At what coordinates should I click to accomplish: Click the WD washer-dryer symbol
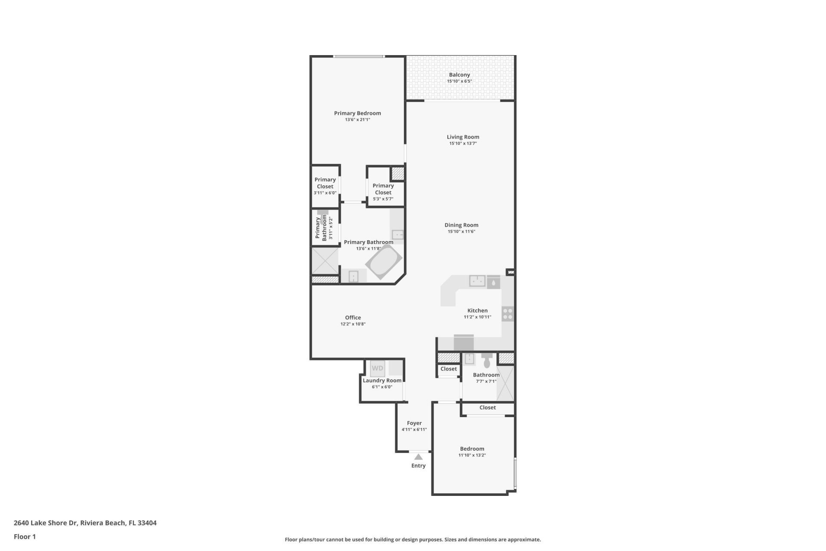tap(377, 368)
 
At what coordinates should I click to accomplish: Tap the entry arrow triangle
tap(418, 457)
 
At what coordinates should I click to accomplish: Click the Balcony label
tap(459, 74)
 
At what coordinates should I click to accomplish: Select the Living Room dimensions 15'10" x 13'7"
tap(463, 143)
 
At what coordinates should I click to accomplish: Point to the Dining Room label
tap(461, 225)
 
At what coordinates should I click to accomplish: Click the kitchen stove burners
tap(508, 314)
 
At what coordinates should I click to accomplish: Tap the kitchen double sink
tap(477, 281)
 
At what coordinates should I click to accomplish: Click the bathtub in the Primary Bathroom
tap(384, 262)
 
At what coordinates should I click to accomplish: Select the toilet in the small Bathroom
tap(487, 361)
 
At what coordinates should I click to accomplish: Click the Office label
tap(353, 317)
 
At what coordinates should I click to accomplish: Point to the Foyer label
tap(414, 423)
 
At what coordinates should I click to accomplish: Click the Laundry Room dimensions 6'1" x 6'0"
tap(382, 387)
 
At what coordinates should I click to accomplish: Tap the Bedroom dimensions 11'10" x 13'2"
tap(472, 455)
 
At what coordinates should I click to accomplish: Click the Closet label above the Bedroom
tap(487, 407)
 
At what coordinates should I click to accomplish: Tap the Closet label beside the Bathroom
tap(448, 368)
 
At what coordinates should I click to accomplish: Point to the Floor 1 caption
tap(25, 536)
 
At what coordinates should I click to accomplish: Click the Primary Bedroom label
tap(357, 113)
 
